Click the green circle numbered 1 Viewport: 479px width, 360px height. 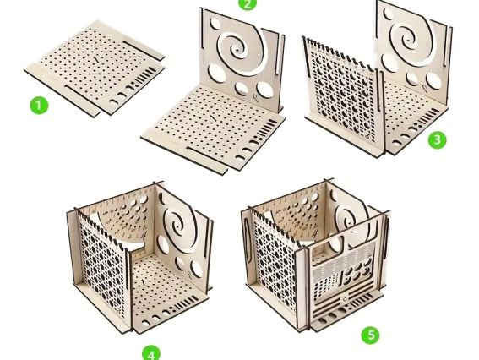point(39,106)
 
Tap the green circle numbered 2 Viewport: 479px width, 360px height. point(248,3)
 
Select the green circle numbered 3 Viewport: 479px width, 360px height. point(437,139)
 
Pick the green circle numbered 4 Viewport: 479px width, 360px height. point(151,353)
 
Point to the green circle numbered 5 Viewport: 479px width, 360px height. point(371,335)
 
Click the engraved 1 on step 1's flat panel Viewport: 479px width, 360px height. point(97,59)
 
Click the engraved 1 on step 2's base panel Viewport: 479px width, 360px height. point(213,118)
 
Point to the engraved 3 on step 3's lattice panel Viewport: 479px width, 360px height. point(368,134)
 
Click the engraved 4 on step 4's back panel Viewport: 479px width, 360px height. point(144,235)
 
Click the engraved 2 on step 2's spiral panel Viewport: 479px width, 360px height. point(256,98)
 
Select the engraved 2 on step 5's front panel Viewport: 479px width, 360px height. point(345,298)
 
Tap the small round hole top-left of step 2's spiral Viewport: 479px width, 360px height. point(215,23)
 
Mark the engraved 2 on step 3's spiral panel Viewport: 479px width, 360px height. point(425,88)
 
